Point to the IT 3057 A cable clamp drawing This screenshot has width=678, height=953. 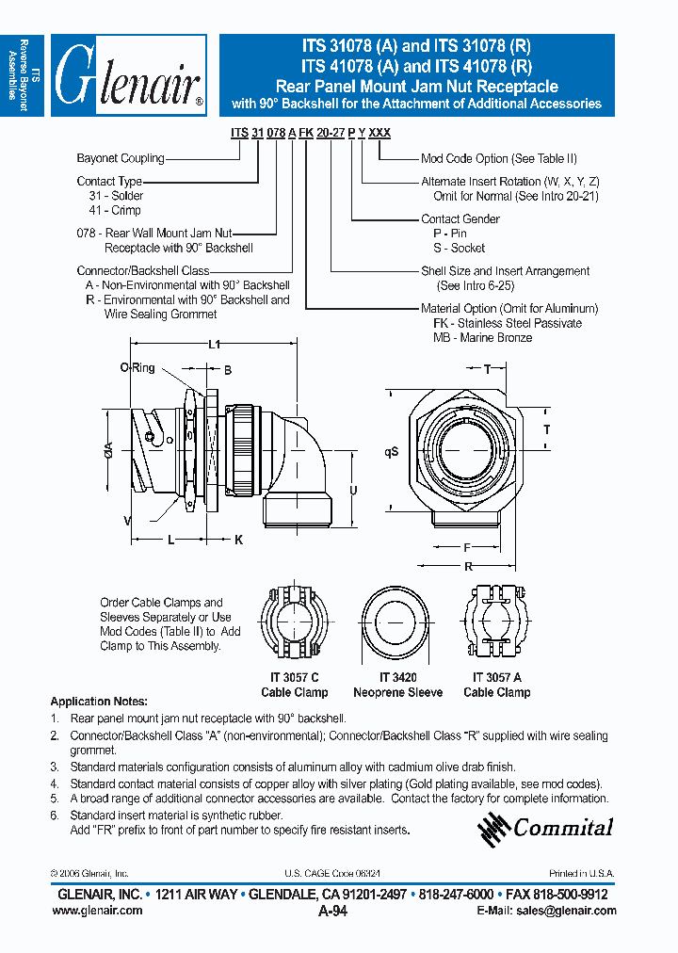pos(496,625)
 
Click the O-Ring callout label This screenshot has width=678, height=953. pos(137,368)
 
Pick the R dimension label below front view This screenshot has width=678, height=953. pos(468,567)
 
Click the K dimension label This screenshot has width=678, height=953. pos(238,540)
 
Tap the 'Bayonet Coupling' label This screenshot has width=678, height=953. pos(120,158)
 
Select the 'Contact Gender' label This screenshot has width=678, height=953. pos(460,219)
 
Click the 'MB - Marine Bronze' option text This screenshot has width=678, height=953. pos(482,337)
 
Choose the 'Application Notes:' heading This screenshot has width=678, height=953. pos(98,702)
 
